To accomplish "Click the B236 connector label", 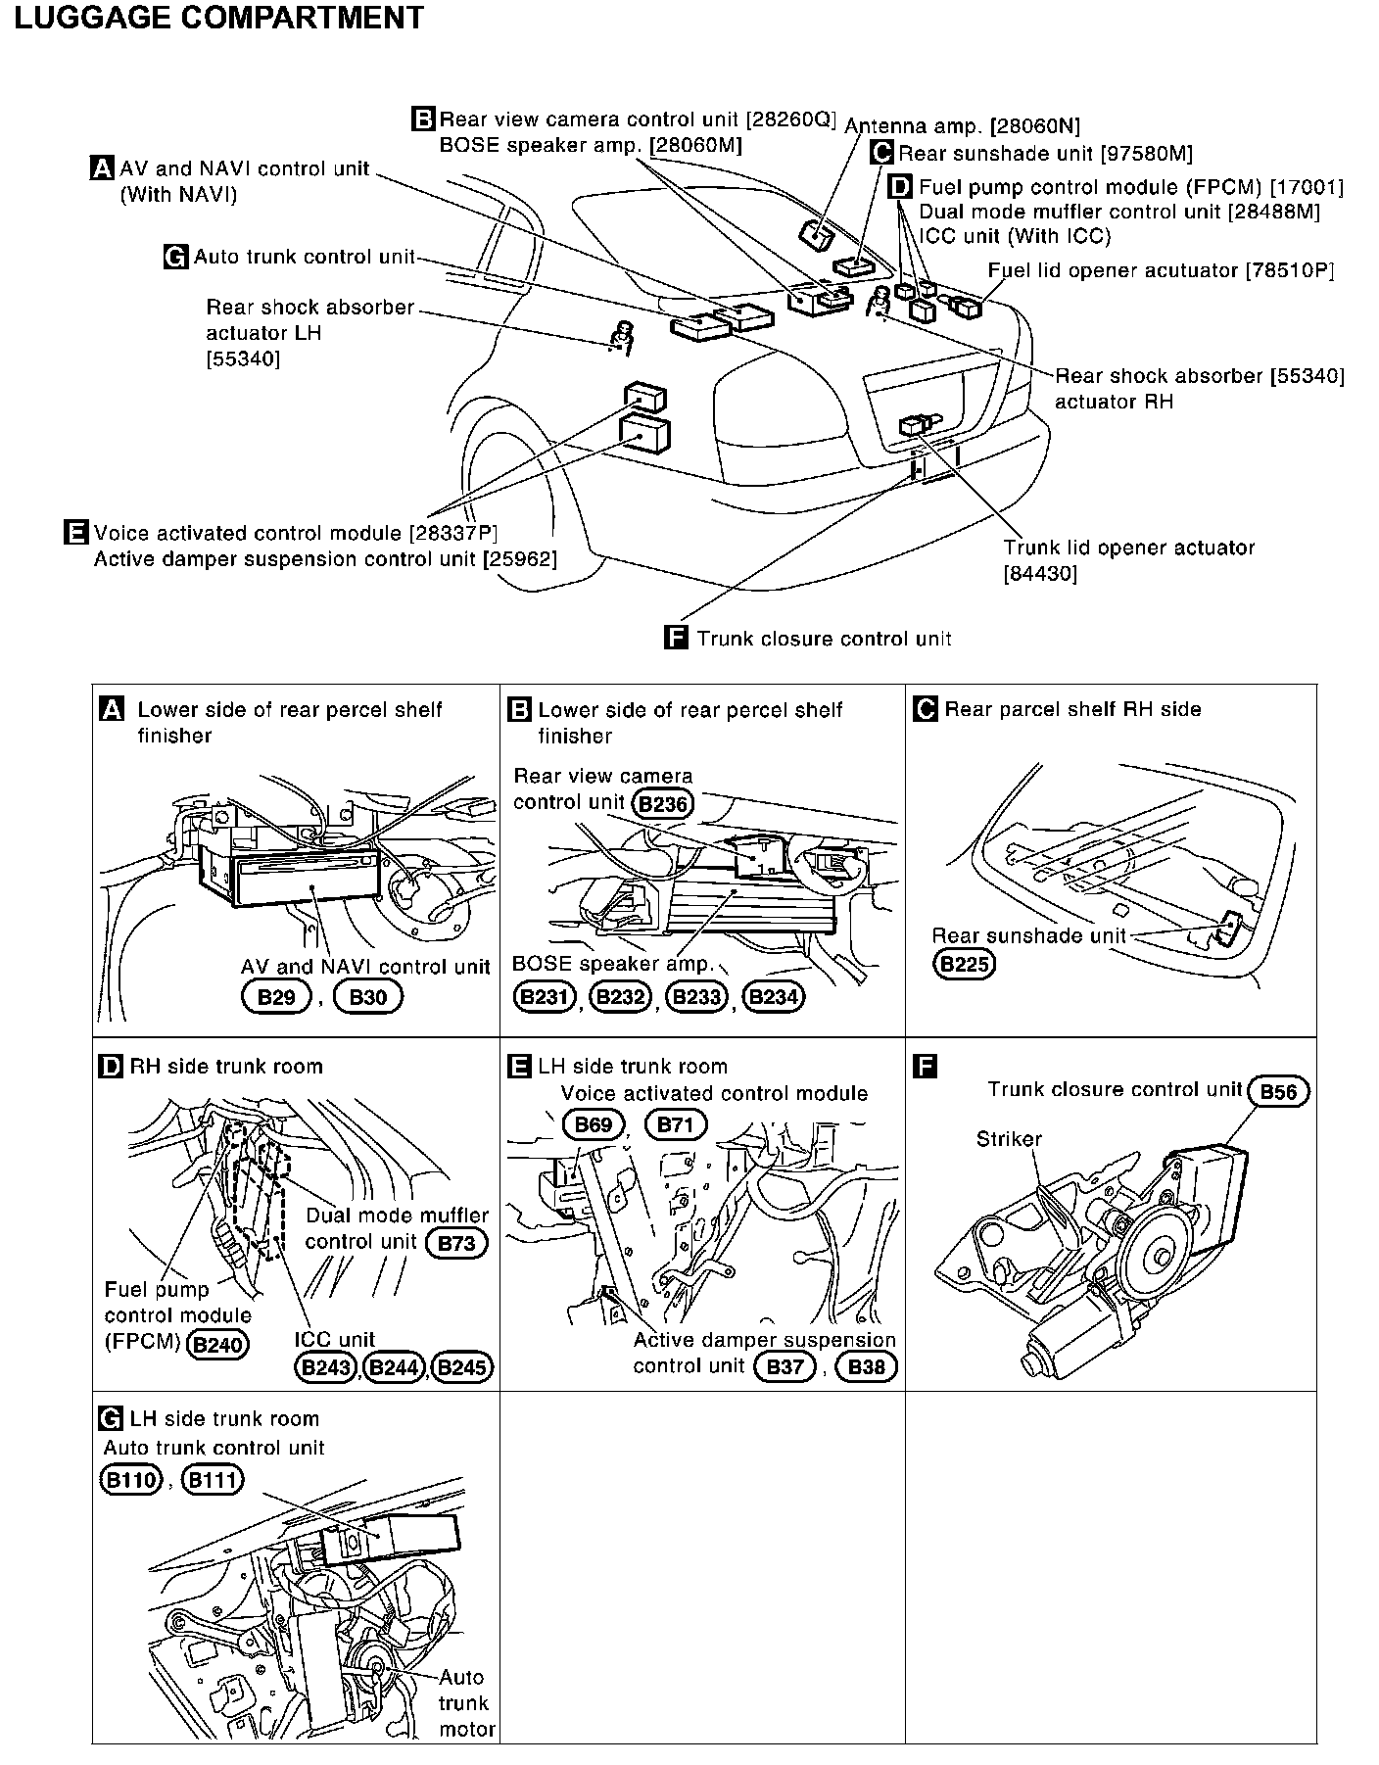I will (663, 804).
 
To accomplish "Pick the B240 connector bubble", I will (217, 1344).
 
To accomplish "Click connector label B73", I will (456, 1243).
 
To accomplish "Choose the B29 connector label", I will (275, 997).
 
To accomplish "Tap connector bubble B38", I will (866, 1366).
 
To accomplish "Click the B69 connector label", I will (593, 1124).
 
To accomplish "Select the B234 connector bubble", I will (774, 997).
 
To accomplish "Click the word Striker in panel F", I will (1009, 1139).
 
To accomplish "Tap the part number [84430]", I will (1040, 574).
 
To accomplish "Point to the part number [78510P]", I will (1290, 270).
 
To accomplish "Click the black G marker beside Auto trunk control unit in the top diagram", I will (176, 258).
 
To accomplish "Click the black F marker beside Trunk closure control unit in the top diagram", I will (676, 639).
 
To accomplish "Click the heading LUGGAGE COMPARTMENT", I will (219, 18).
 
